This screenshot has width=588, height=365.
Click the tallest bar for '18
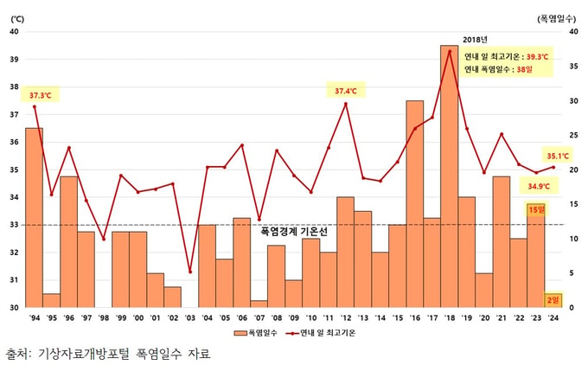(x=450, y=176)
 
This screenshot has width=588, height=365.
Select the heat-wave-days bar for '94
(x=34, y=218)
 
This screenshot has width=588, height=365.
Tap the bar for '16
(x=415, y=204)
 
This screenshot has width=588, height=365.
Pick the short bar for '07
(x=259, y=304)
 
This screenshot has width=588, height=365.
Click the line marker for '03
(x=190, y=272)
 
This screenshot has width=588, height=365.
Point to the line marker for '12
(x=346, y=104)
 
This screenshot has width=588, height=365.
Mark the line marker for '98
(x=104, y=239)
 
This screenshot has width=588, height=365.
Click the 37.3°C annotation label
(x=40, y=95)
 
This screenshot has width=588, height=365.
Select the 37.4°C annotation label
(x=346, y=91)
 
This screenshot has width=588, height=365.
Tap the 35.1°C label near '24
(x=558, y=156)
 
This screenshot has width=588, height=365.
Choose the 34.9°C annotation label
(x=539, y=186)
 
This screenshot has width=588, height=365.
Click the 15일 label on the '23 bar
(x=537, y=209)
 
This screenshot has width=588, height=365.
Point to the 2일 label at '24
(x=553, y=300)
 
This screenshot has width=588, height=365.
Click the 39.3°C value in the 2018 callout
(x=537, y=56)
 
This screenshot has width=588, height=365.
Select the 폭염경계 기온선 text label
(x=294, y=231)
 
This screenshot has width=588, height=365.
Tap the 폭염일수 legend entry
(x=255, y=333)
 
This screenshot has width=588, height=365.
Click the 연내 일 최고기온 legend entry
(x=320, y=333)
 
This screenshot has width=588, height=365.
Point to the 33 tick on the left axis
(x=14, y=225)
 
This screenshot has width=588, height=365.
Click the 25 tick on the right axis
(x=574, y=135)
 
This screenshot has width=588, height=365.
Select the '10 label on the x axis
(x=311, y=317)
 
